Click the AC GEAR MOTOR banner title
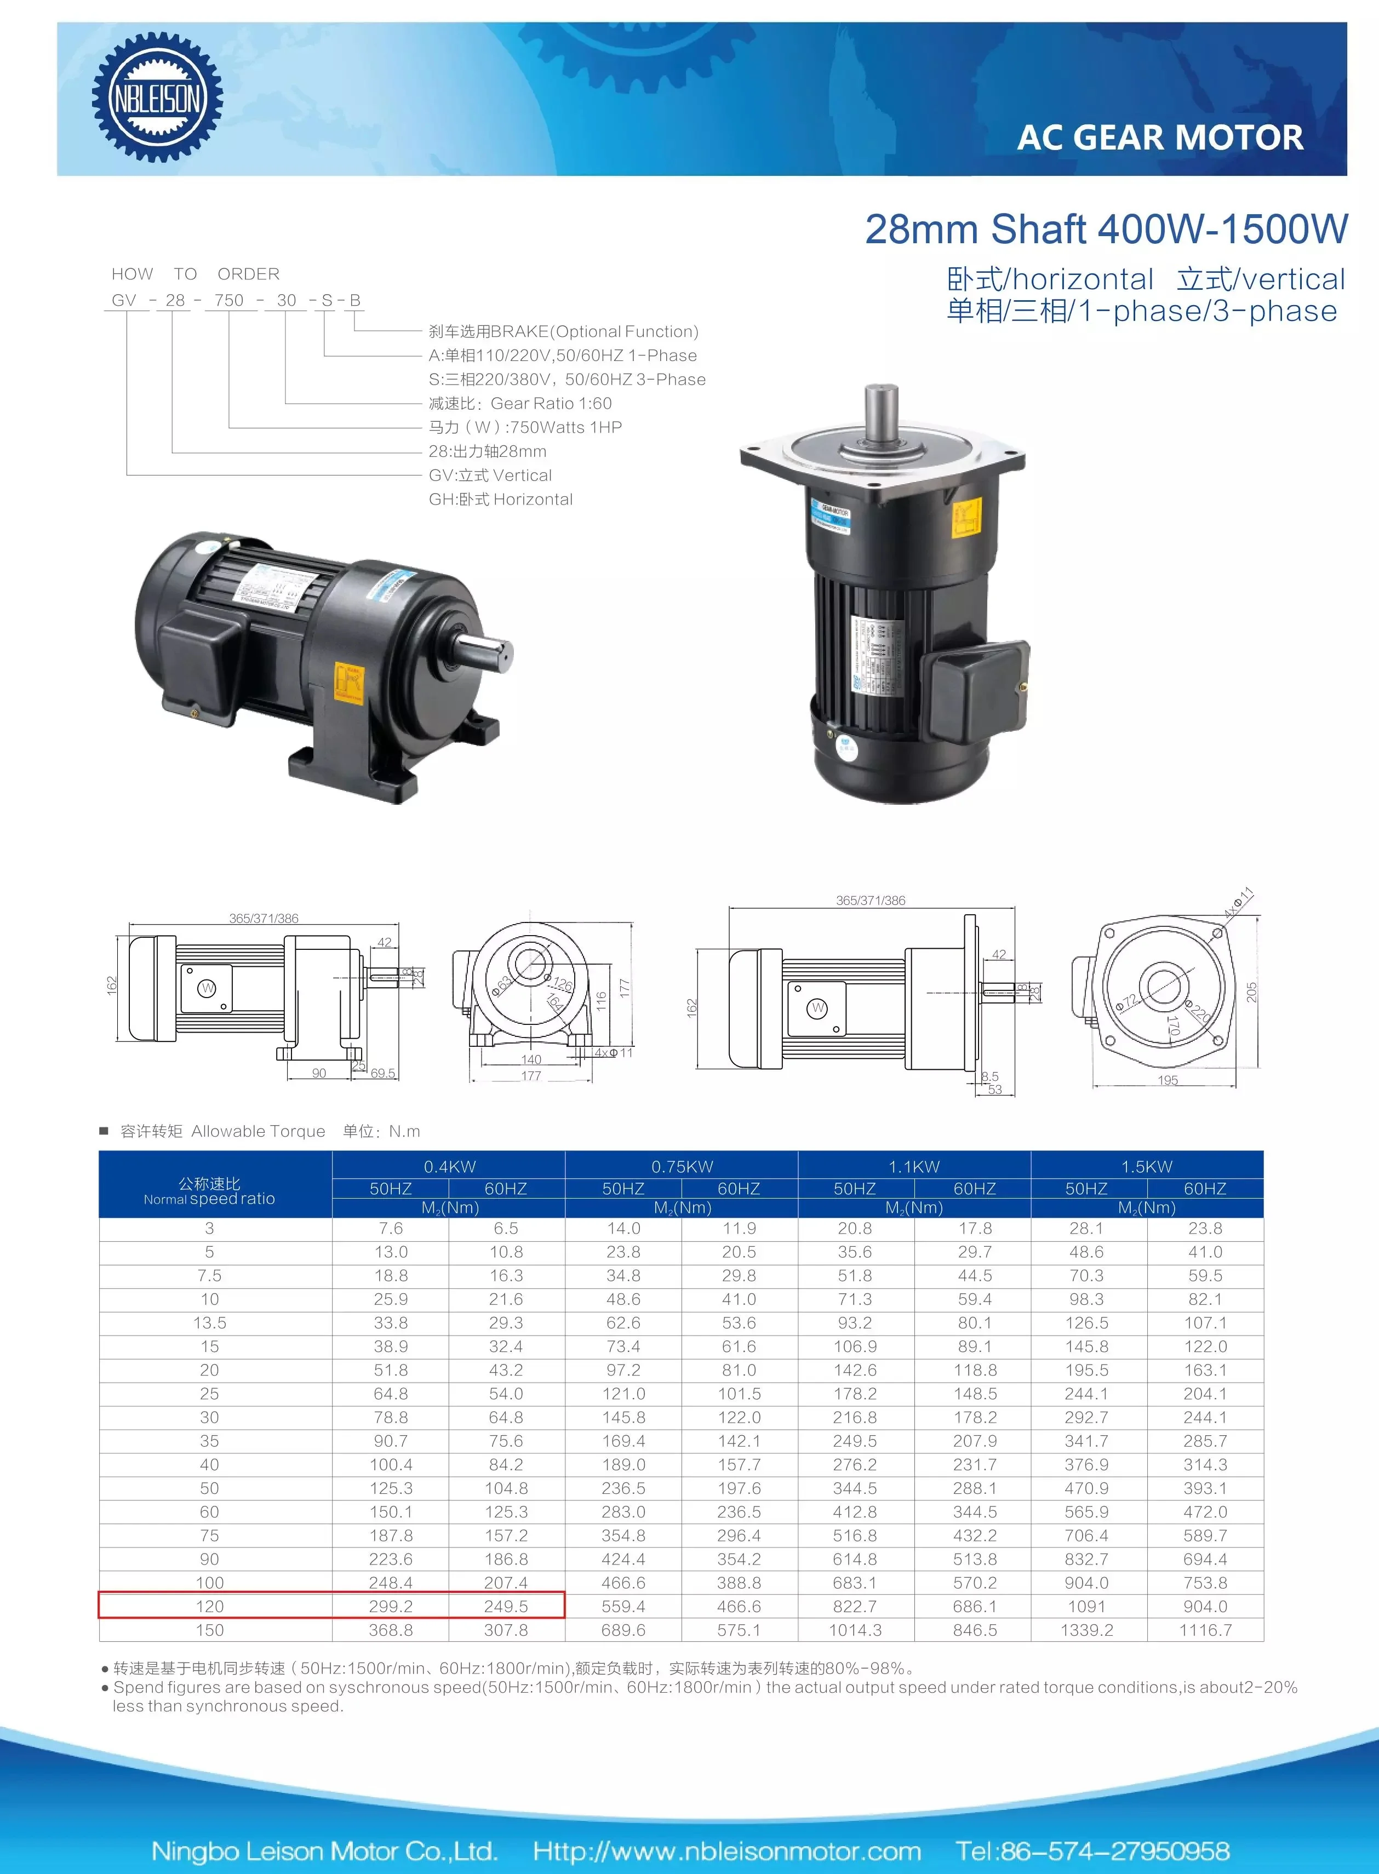1159,137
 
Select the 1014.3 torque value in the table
855,1630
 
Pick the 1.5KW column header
1147,1166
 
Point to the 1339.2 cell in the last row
1087,1630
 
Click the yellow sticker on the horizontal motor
349,683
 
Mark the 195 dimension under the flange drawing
1168,1080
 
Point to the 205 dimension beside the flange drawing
1251,992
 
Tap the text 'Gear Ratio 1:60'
551,403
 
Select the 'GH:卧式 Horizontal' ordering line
501,499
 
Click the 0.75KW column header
682,1166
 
